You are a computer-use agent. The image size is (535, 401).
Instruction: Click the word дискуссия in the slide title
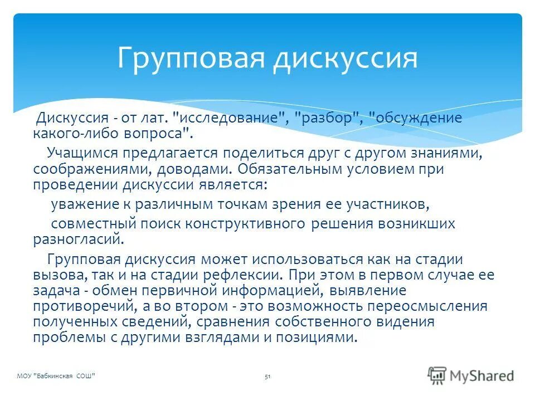[x=345, y=58]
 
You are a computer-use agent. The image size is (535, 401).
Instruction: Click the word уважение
[x=86, y=204]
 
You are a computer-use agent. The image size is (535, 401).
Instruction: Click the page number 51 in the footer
[x=267, y=377]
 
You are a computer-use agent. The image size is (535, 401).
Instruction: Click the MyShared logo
[x=471, y=375]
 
